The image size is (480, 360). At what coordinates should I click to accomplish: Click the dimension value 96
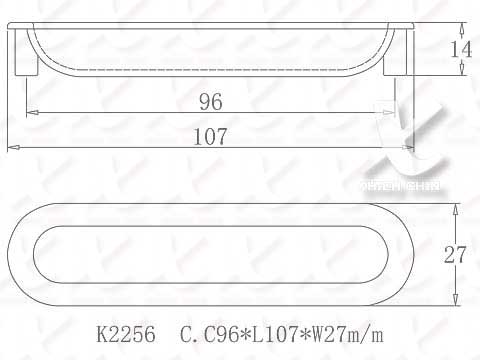[210, 102]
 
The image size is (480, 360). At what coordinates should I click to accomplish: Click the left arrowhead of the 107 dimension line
[12, 148]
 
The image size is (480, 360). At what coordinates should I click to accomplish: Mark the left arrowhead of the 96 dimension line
[29, 112]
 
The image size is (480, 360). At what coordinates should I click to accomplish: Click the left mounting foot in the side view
[29, 68]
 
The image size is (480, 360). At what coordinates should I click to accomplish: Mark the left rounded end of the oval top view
[28, 254]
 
